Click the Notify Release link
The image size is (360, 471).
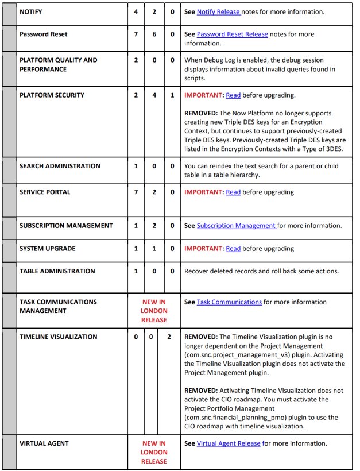218,11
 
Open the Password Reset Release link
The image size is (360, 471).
232,34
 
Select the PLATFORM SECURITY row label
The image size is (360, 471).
52,95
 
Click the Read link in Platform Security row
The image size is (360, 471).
233,95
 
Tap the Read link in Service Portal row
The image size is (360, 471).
233,192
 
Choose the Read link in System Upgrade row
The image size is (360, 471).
233,249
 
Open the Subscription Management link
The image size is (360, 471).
237,226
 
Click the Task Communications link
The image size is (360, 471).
229,302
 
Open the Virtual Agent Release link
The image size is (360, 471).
229,443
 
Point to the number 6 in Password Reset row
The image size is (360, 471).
154,34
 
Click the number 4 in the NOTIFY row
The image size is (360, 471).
136,11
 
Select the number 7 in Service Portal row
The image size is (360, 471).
136,192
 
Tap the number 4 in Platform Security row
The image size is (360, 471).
154,95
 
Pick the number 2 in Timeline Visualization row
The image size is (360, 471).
169,337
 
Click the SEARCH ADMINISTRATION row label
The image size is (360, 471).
60,166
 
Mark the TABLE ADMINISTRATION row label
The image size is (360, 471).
57,271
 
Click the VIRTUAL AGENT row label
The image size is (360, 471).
44,443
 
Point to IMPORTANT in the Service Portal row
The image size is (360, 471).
203,192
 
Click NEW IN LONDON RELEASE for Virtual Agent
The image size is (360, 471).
154,452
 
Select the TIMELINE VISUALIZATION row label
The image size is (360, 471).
58,337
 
